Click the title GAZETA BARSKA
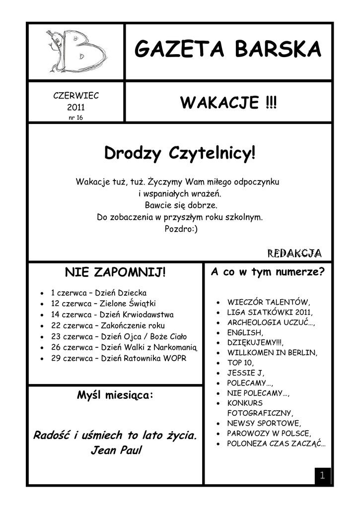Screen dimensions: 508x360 click(x=228, y=49)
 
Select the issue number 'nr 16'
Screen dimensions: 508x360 click(x=76, y=118)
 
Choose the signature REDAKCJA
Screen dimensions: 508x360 click(x=294, y=253)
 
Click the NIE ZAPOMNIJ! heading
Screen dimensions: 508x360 click(x=115, y=272)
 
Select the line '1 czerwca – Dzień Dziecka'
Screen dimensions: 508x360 click(x=98, y=293)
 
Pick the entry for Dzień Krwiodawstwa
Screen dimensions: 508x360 click(x=112, y=315)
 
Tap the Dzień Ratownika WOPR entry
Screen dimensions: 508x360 click(x=119, y=358)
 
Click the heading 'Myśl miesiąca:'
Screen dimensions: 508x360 click(x=115, y=395)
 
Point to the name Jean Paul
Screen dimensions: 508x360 click(x=116, y=451)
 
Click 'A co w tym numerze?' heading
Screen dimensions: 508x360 click(x=268, y=272)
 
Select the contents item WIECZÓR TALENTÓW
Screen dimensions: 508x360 click(x=269, y=302)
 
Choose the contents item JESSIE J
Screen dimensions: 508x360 click(x=246, y=373)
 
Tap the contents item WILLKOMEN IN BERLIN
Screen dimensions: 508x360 click(x=272, y=353)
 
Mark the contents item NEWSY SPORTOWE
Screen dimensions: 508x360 click(x=264, y=423)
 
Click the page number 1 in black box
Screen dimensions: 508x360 click(x=322, y=476)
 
